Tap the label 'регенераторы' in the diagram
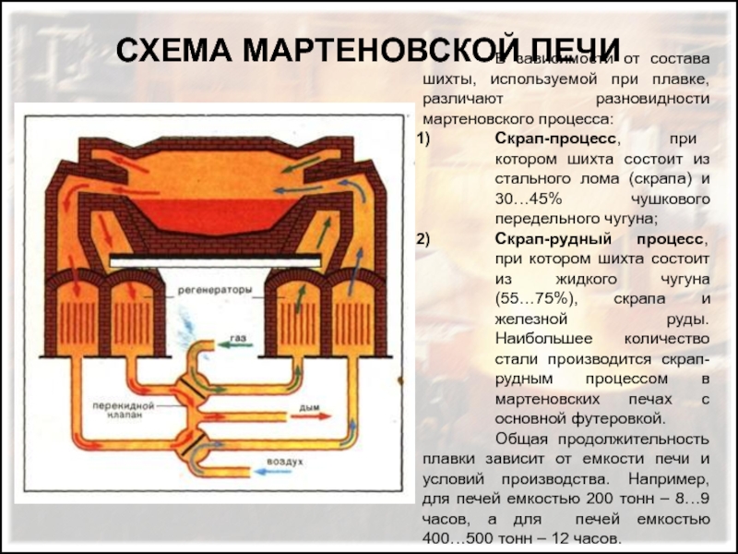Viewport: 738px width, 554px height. click(216, 289)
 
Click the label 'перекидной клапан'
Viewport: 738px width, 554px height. click(118, 411)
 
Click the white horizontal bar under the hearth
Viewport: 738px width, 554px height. click(215, 262)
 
